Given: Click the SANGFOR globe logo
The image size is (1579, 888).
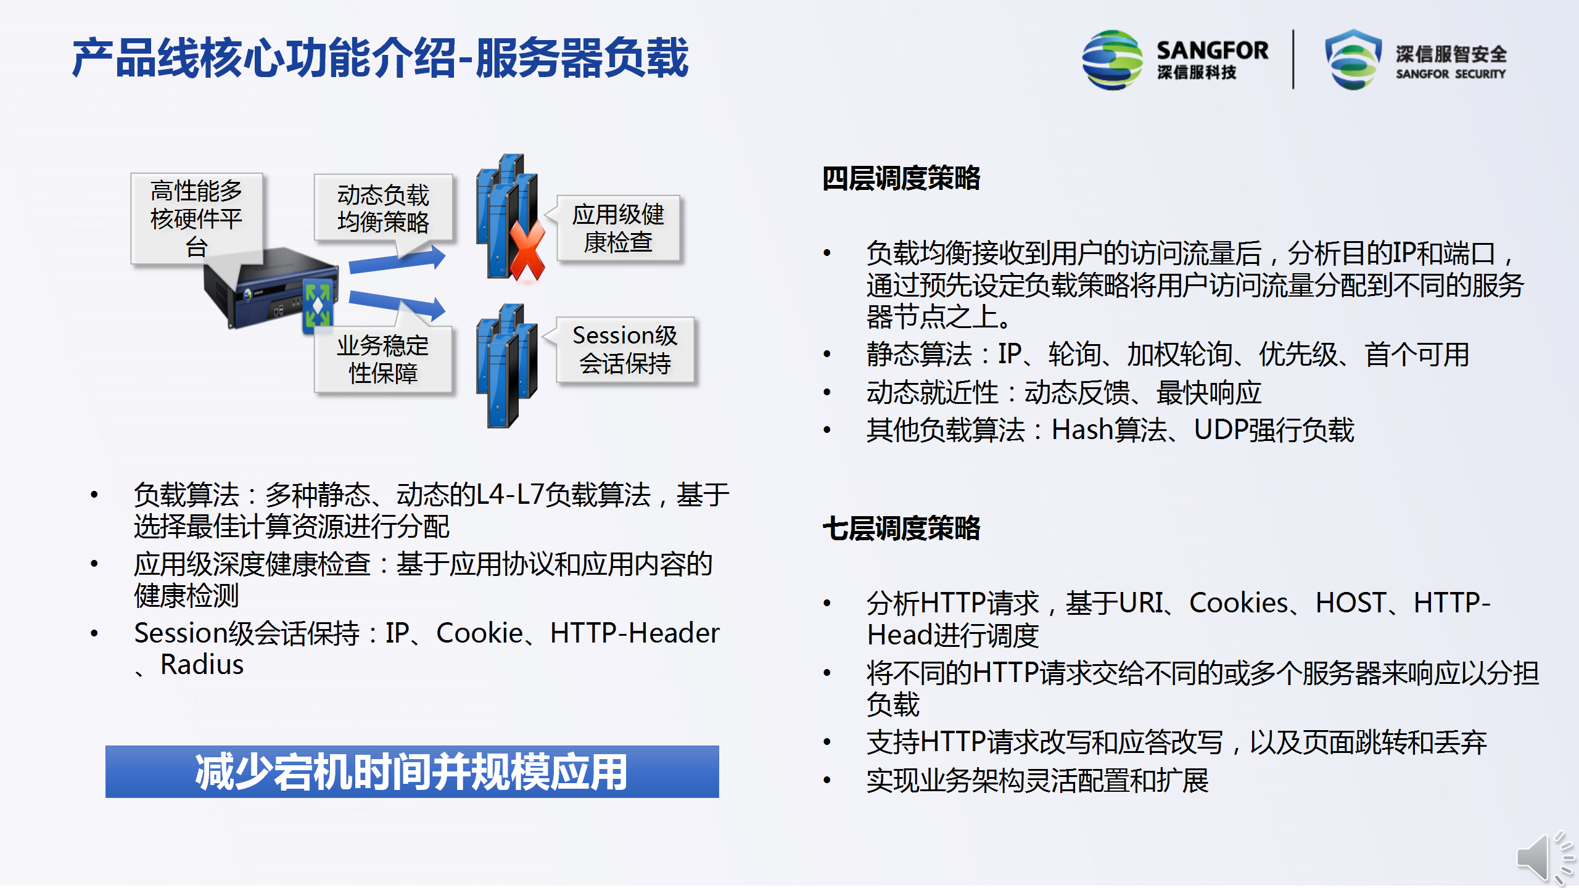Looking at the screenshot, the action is point(1112,60).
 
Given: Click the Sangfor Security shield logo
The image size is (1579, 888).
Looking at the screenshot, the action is point(1353,59).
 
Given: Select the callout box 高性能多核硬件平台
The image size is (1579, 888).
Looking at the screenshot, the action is point(197,218).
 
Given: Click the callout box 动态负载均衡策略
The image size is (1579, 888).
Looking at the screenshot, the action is point(383,208).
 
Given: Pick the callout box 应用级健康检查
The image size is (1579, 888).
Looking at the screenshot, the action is point(618,228).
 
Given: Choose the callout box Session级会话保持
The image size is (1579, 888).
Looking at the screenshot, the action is point(625,350).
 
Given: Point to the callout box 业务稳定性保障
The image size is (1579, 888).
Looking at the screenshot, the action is point(383,360).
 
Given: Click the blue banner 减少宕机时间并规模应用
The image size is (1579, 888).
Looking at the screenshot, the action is point(412,771).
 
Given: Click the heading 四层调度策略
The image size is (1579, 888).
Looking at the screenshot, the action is point(901,178).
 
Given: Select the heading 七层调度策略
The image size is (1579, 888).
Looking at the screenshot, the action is point(901,528).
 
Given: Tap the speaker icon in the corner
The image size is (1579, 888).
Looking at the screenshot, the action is point(1545,857).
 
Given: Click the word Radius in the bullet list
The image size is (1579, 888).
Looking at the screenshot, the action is point(202,665).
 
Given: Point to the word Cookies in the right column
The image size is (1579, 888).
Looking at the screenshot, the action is point(1239,603).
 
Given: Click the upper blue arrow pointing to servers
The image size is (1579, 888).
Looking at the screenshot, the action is point(397,261).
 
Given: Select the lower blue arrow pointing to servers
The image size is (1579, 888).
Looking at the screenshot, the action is point(397,305).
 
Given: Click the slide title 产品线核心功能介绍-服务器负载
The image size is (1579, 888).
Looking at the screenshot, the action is point(380,58).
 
